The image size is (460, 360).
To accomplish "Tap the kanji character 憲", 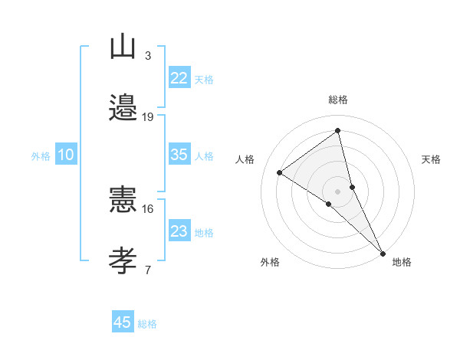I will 123,198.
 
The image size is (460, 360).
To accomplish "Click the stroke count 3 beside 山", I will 147,56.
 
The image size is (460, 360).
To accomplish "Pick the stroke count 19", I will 148,117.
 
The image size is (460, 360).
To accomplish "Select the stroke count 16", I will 148,208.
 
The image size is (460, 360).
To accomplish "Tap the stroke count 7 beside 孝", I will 147,270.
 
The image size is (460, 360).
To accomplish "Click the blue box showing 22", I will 179,78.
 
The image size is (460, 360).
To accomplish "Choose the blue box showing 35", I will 179,155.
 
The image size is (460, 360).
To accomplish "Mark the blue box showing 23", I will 179,231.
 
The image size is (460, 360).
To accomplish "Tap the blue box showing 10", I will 66,155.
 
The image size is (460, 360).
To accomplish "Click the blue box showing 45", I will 123,322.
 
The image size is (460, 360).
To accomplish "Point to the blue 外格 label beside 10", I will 41,156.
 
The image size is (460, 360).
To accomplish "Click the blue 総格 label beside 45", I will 147,324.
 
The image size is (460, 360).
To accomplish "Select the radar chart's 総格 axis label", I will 338,100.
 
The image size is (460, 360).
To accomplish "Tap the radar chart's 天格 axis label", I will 432,159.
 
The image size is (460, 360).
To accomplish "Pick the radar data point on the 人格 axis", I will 280,172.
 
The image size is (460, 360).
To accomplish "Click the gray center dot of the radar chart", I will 338,191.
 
